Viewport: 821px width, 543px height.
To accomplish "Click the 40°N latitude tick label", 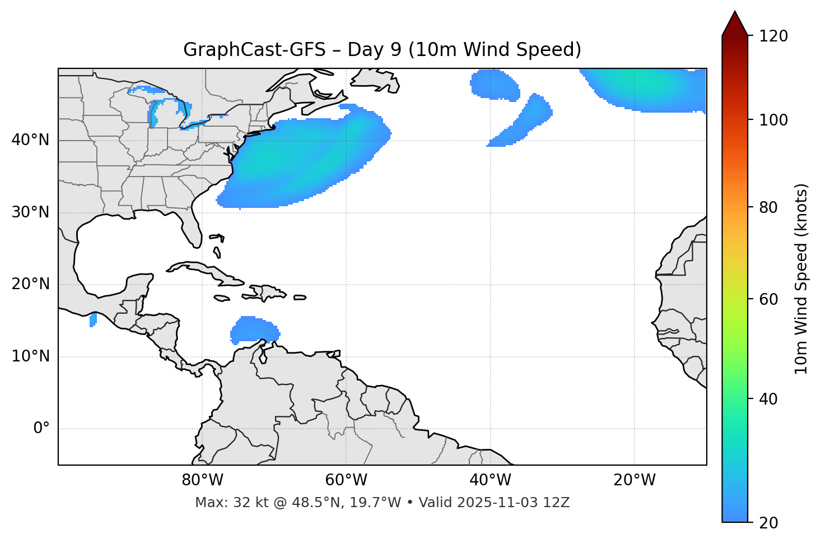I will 30,140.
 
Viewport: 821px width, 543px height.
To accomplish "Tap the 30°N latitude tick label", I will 30,212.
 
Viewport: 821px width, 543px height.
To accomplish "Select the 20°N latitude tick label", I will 30,284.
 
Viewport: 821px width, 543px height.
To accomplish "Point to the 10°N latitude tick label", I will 30,356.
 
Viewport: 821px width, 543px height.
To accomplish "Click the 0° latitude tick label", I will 41,429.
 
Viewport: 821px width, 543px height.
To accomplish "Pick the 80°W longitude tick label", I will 202,480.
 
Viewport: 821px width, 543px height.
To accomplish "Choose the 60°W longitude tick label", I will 346,480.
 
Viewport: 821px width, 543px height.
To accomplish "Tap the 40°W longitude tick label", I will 490,480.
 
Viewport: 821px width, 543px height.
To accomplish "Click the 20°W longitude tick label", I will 635,480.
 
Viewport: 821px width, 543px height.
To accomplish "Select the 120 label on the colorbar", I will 773,36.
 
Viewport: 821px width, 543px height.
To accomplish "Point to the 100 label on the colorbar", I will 773,120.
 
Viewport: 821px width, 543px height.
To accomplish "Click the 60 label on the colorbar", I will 769,299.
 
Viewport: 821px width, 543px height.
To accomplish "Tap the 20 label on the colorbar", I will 769,523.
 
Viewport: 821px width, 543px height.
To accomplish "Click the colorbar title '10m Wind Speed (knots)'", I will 801,279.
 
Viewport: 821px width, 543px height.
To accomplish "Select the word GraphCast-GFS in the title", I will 254,50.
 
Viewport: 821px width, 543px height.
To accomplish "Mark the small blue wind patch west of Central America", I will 93,320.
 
